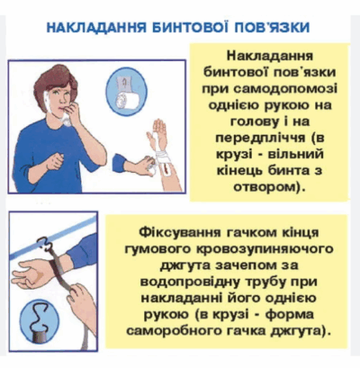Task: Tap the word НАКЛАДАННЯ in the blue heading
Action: point(96,27)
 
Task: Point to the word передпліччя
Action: point(260,139)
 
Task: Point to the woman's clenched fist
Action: point(55,162)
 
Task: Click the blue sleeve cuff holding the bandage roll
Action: point(120,163)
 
